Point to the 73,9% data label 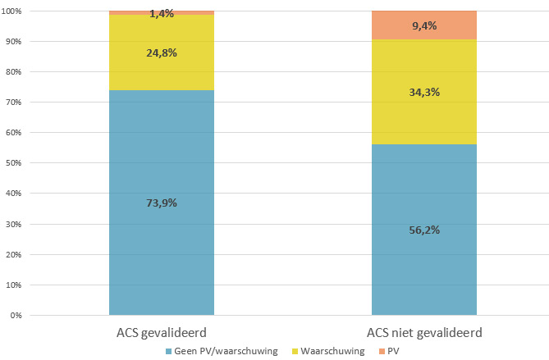click(x=162, y=203)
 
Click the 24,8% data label click(x=162, y=52)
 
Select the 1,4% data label click(x=162, y=14)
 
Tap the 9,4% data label click(x=424, y=25)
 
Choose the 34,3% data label click(x=424, y=91)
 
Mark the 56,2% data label click(x=424, y=230)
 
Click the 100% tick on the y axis click(x=14, y=11)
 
